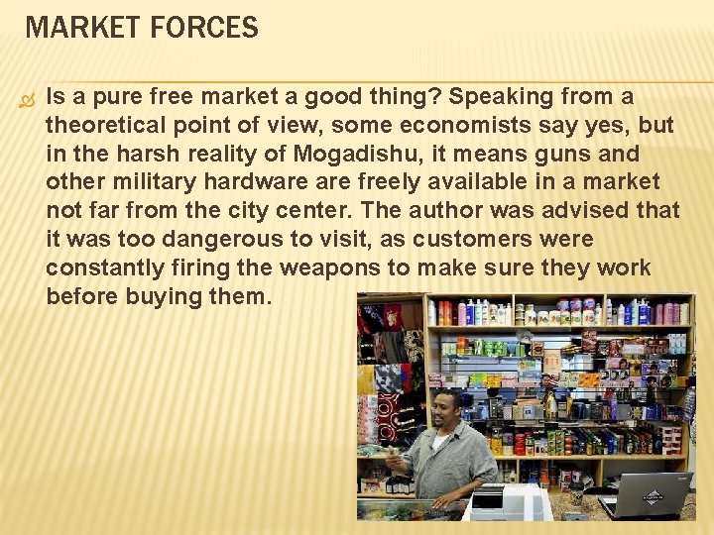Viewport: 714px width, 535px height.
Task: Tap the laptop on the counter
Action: pyautogui.click(x=646, y=494)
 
